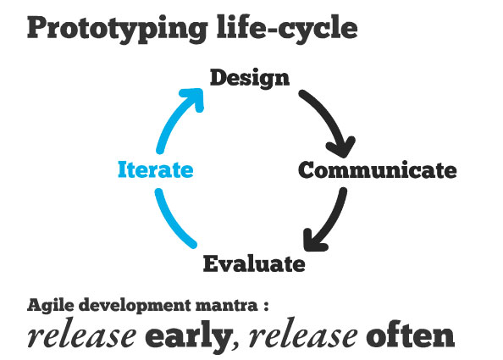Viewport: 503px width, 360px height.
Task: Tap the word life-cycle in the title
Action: click(x=287, y=28)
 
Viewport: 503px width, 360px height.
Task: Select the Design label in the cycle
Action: click(x=250, y=78)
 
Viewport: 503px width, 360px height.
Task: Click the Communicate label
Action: click(x=378, y=170)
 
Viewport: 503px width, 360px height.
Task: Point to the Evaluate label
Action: click(x=254, y=263)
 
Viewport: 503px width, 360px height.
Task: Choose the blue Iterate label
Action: click(x=156, y=169)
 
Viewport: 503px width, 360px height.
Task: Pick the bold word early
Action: click(x=190, y=336)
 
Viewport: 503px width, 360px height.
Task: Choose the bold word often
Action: click(x=411, y=335)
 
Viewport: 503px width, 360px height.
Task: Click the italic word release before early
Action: click(x=82, y=336)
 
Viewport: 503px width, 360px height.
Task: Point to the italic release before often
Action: click(x=303, y=336)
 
